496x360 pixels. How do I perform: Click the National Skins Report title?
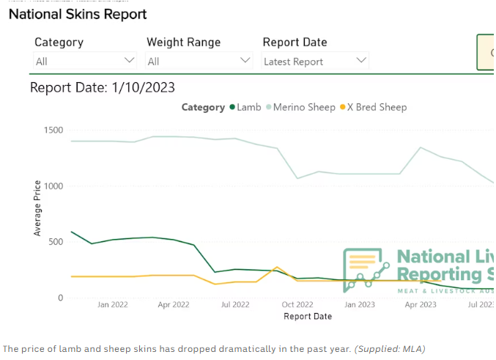coord(78,14)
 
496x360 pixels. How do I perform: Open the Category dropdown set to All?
coord(85,61)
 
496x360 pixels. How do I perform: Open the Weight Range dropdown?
coord(199,61)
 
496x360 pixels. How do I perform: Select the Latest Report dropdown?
coord(315,61)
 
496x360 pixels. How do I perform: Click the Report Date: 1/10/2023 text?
coord(102,88)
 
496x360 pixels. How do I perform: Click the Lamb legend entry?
coord(245,107)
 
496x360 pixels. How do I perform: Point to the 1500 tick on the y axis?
coord(53,131)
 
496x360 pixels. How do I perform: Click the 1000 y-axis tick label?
coord(53,186)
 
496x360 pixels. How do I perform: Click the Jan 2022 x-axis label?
coord(113,304)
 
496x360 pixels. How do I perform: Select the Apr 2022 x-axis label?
coord(174,304)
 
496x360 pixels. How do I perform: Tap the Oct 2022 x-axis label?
coord(297,304)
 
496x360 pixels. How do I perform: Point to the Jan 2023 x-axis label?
coord(360,304)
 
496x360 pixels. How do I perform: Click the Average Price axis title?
coord(38,207)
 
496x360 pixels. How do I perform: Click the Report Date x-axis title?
coord(308,316)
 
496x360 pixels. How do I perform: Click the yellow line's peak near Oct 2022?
coord(276,268)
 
